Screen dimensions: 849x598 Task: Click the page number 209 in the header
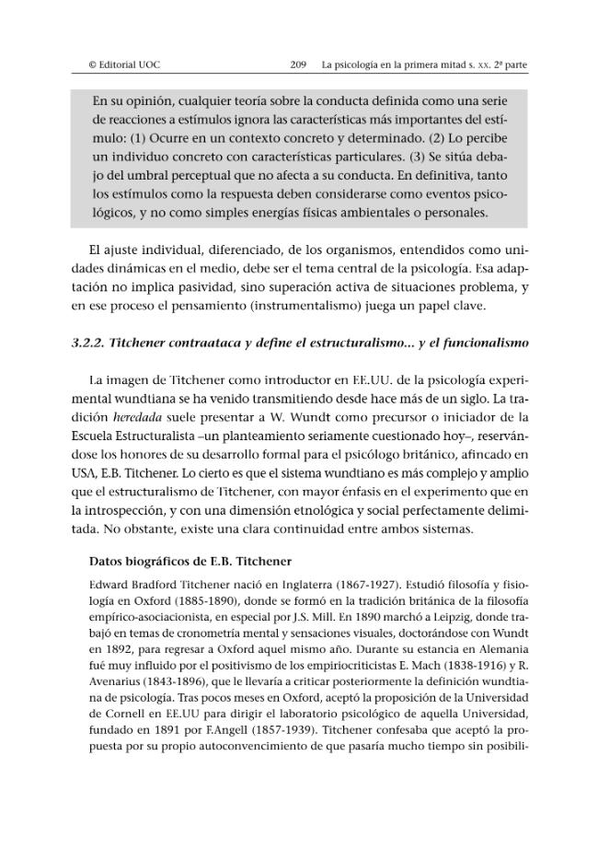(297, 64)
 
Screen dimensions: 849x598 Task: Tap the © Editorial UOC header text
(123, 64)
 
